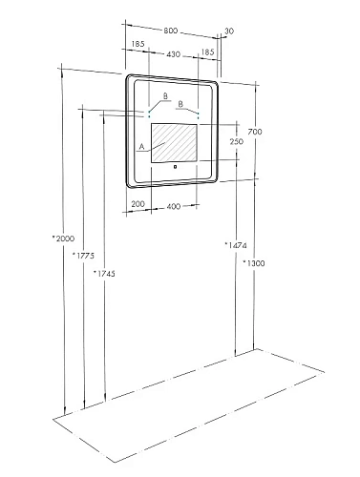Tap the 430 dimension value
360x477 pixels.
172,56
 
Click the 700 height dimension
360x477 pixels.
254,131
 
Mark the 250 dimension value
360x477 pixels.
235,141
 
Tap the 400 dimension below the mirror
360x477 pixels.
175,205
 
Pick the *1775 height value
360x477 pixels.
82,255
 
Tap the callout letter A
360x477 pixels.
142,147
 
